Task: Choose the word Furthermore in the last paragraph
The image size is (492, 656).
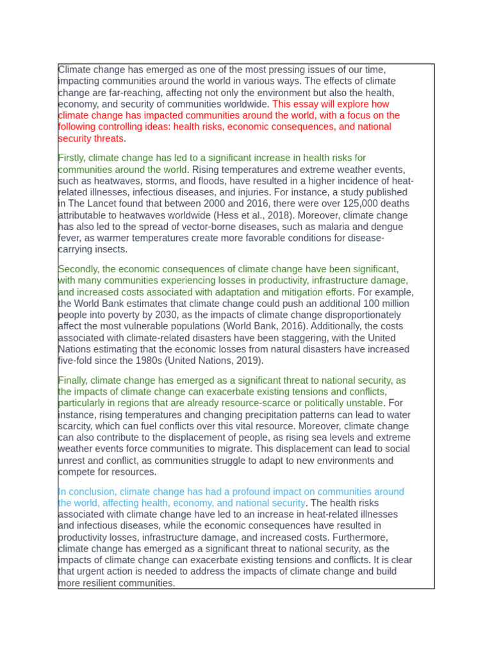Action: [x=361, y=537]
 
